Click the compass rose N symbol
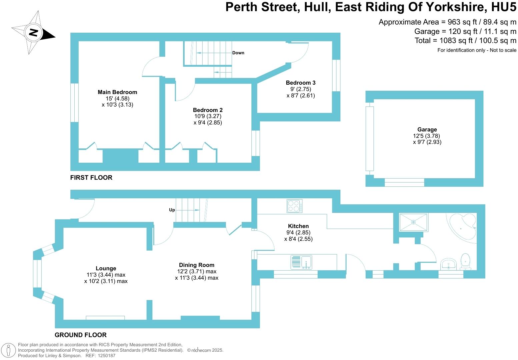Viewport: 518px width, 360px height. tap(34, 33)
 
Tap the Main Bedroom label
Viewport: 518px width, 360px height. tap(117, 92)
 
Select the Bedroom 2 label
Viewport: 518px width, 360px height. tap(208, 110)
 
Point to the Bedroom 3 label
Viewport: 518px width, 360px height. tap(300, 83)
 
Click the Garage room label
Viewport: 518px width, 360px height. tap(427, 130)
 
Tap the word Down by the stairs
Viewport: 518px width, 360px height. tap(238, 53)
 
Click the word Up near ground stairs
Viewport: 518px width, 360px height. tap(172, 210)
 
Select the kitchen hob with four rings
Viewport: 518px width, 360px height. tap(295, 206)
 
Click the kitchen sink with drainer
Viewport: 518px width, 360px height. tap(301, 262)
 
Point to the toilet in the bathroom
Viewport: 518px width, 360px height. tap(465, 262)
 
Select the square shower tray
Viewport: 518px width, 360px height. tap(413, 222)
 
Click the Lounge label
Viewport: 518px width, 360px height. tap(106, 268)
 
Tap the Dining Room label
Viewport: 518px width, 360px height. tap(197, 265)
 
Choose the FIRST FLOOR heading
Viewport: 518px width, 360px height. tap(91, 178)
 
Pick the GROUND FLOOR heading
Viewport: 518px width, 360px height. tap(81, 335)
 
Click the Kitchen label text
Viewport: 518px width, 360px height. tap(298, 226)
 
